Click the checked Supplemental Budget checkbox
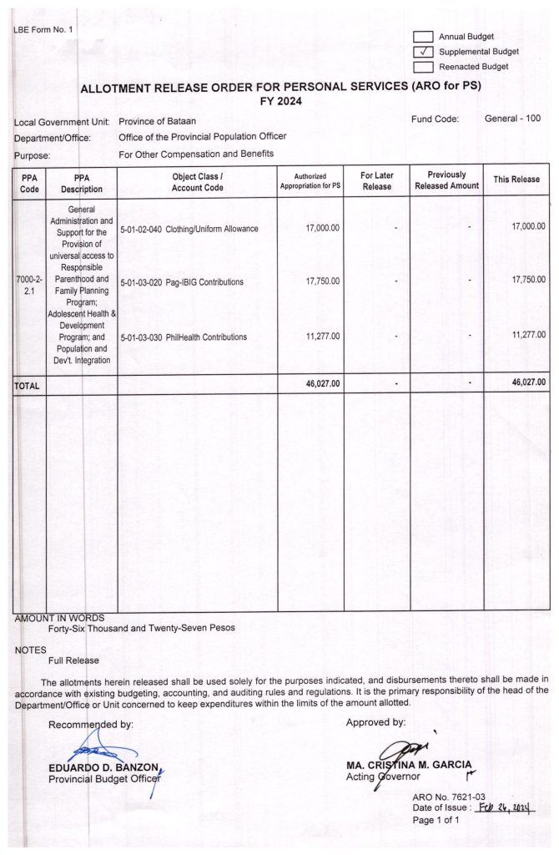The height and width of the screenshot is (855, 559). (424, 52)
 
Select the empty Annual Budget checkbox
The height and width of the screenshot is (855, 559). (424, 37)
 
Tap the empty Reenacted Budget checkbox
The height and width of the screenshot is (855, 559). (424, 67)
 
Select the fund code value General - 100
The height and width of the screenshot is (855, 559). (512, 119)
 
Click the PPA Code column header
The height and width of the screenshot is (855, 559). (29, 183)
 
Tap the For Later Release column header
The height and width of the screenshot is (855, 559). (376, 180)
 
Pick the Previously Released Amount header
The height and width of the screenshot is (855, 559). (446, 180)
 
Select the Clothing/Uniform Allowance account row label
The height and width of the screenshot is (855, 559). (189, 228)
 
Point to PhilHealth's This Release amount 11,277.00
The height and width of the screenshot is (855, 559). (528, 334)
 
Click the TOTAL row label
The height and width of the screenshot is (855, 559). (27, 385)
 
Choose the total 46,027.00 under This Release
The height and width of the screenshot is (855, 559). (528, 383)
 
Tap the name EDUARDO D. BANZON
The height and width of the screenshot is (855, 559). (103, 767)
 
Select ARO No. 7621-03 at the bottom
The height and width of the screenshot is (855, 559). (448, 797)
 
